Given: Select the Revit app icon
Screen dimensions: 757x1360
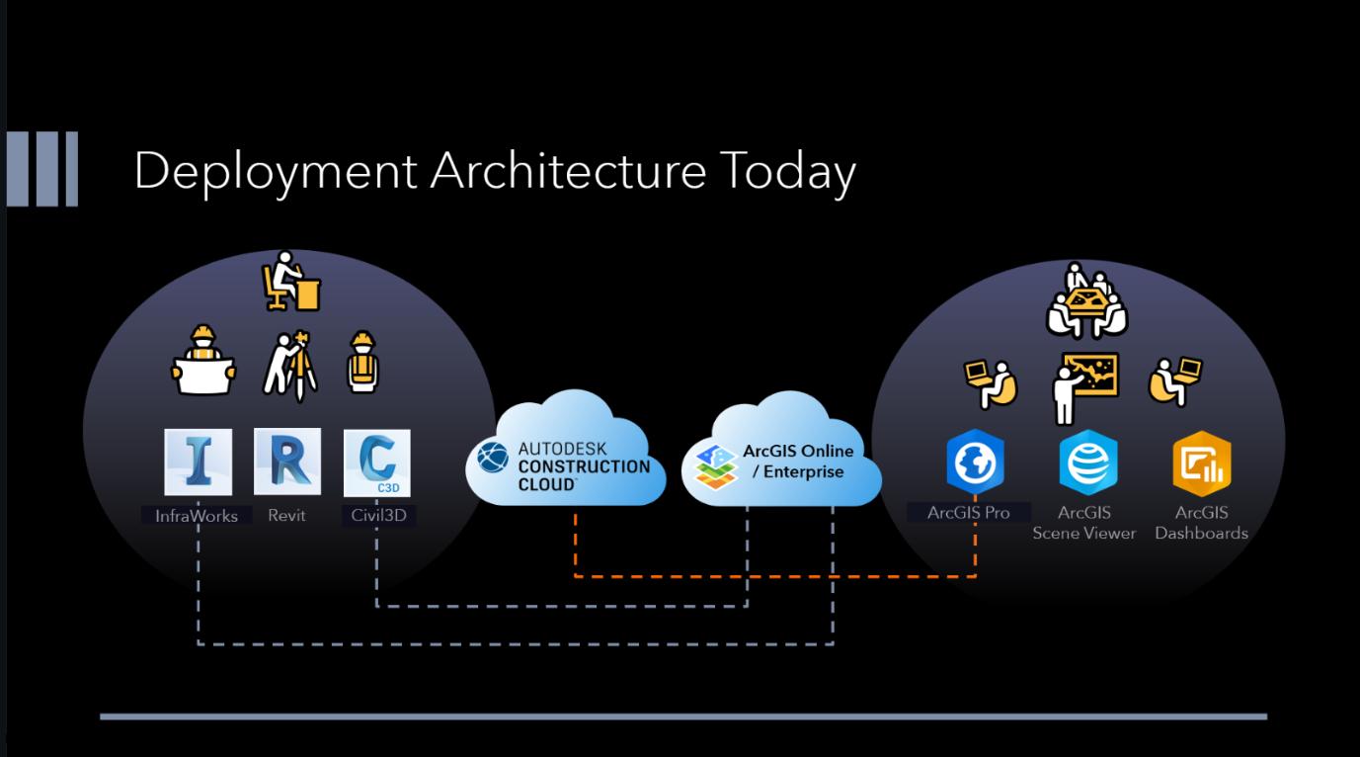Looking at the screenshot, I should click(286, 462).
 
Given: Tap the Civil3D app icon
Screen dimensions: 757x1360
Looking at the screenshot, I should click(376, 463).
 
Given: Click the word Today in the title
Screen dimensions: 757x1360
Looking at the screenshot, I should click(785, 172).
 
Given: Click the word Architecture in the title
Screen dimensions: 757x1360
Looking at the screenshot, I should click(568, 172).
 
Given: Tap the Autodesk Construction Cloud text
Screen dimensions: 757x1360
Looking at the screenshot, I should click(583, 465).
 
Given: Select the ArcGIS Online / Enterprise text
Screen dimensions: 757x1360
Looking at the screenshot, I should click(798, 462).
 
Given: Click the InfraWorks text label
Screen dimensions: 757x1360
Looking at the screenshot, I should click(197, 515).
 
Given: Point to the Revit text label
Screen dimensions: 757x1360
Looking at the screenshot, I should click(286, 515).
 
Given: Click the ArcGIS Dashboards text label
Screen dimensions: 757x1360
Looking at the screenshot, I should click(1201, 523).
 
